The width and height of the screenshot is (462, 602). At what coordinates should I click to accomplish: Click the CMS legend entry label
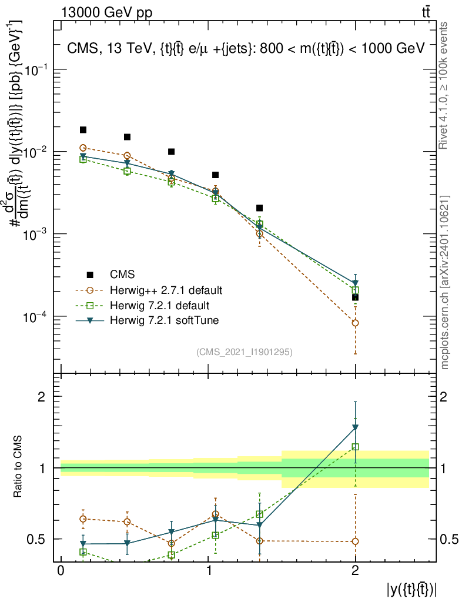[x=122, y=275]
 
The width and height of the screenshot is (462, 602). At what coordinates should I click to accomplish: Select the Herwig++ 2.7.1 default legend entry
[x=166, y=290]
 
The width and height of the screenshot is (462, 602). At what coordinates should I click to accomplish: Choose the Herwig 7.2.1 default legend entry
[x=160, y=306]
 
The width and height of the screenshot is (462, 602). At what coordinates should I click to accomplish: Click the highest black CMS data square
[x=83, y=130]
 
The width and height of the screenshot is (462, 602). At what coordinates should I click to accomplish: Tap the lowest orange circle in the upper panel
[x=355, y=323]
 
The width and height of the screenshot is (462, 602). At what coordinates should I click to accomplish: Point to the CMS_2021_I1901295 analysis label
[x=245, y=352]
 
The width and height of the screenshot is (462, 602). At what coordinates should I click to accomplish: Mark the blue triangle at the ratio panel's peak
[x=355, y=427]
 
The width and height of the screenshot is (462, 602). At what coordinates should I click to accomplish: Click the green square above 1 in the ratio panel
[x=355, y=447]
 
